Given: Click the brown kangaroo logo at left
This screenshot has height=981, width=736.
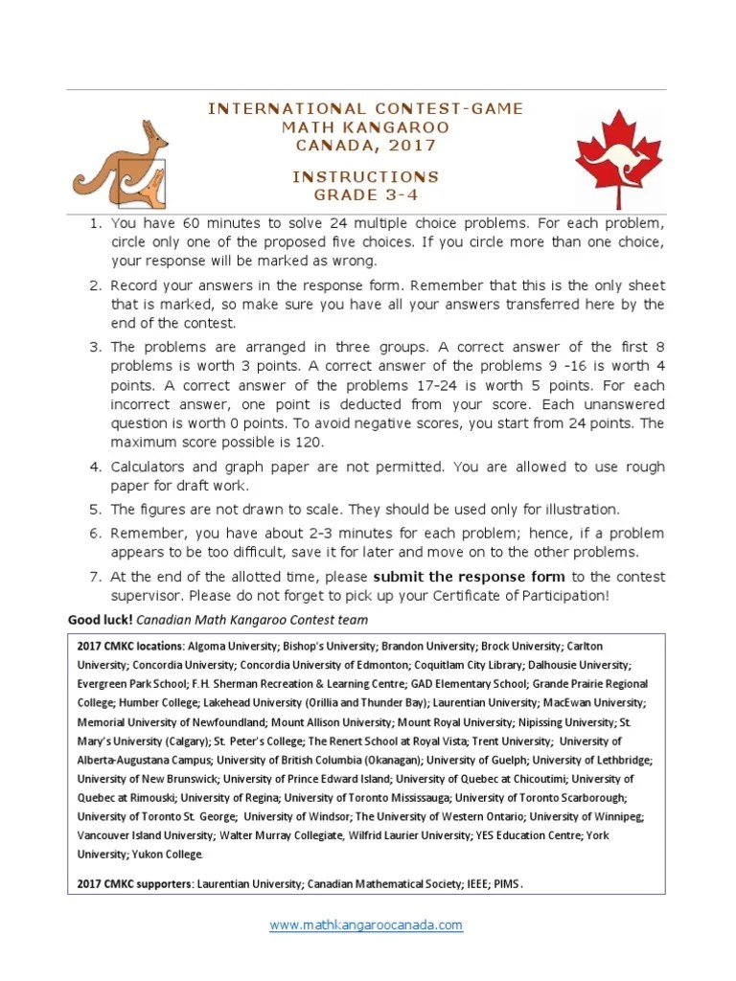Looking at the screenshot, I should click(x=122, y=164).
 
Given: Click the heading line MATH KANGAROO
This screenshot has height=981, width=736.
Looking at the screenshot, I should click(x=365, y=127).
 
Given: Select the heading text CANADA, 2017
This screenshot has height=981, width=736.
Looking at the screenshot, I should click(x=365, y=146).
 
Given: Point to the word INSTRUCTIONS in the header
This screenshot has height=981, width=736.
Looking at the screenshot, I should click(x=365, y=177).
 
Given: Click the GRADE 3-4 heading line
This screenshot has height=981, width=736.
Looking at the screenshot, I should click(x=365, y=195).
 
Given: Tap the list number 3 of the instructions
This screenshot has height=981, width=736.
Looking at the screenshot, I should click(x=95, y=347).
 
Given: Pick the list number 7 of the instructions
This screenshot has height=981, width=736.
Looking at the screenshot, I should click(x=95, y=577).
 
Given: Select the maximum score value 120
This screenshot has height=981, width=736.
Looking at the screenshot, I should click(x=309, y=443).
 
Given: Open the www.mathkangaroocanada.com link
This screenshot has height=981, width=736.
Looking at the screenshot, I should click(x=366, y=925).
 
